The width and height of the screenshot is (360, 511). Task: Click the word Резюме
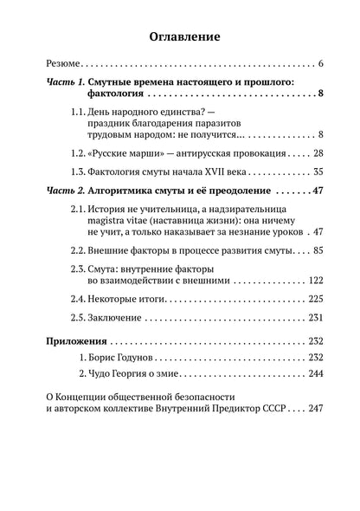click(x=63, y=65)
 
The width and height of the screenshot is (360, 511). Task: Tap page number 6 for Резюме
click(x=320, y=65)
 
